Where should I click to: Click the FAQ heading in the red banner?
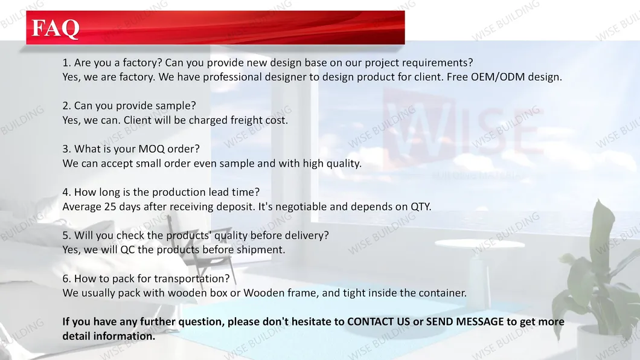click(56, 28)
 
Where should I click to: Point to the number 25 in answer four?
click(110, 207)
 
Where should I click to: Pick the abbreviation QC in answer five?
click(127, 250)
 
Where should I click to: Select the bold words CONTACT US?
click(379, 321)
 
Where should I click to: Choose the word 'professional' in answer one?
click(232, 77)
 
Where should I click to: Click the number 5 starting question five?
click(65, 236)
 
